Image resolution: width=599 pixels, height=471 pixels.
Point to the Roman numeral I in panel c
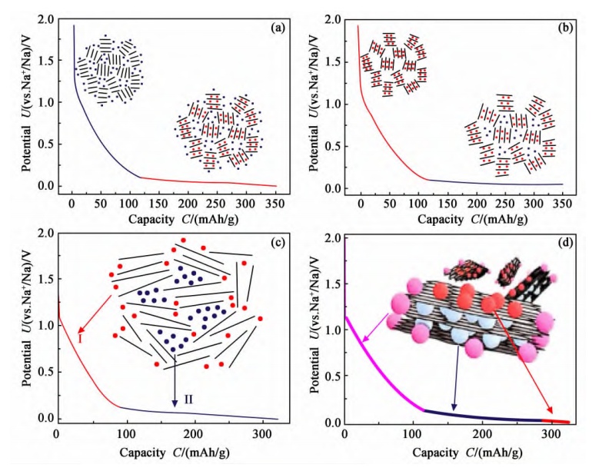(79, 339)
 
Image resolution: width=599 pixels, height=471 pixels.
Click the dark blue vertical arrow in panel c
(174, 369)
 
